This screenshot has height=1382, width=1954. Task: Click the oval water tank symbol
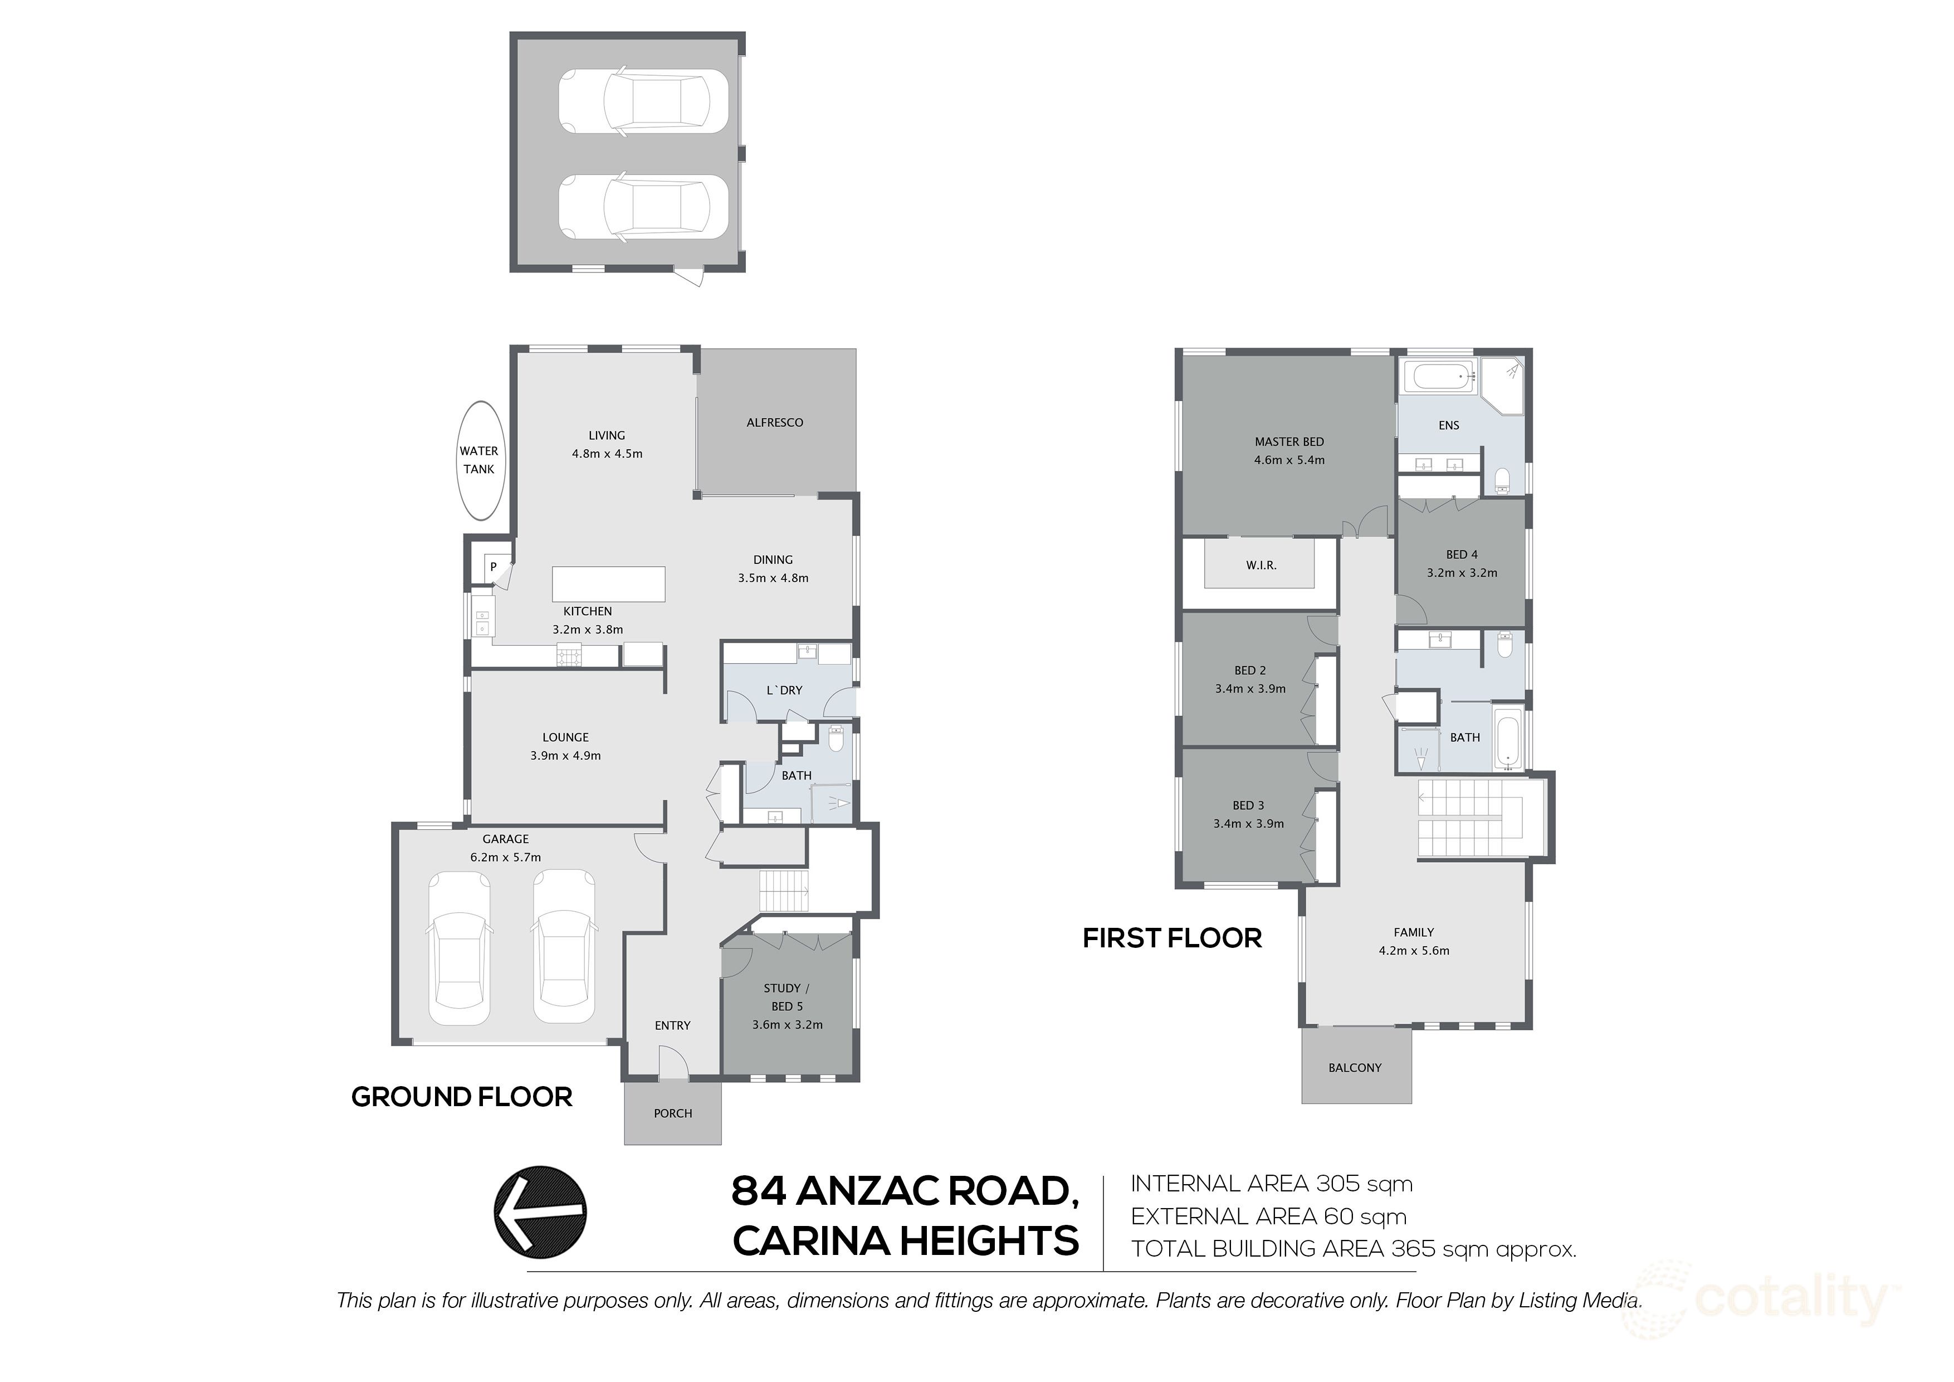tap(479, 461)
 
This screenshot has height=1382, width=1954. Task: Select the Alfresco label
tap(774, 422)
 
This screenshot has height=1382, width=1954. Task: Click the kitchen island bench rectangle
tap(608, 584)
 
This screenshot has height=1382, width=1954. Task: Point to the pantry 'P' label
tap(493, 566)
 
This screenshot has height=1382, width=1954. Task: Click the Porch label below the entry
tap(672, 1113)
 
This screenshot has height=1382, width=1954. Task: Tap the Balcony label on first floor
tap(1355, 1068)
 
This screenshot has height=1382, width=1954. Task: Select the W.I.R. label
tap(1261, 566)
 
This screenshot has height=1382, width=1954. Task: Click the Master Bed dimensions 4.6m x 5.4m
tap(1289, 460)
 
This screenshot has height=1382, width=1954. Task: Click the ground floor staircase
tap(783, 890)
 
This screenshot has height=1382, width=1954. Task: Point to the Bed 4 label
tap(1461, 554)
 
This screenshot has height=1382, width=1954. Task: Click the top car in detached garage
tap(643, 100)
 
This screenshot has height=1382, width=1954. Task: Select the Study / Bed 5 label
tap(787, 997)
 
